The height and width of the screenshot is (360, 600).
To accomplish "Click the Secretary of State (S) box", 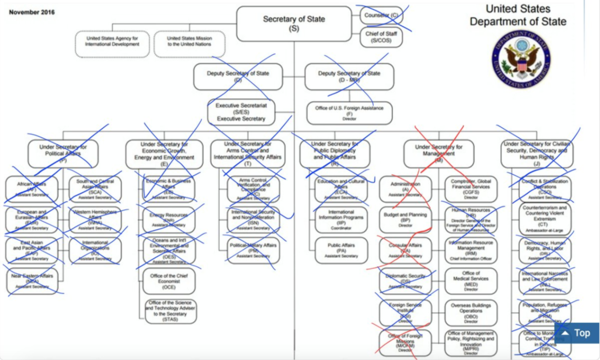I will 294,24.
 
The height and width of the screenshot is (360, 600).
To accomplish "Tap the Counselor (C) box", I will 382,15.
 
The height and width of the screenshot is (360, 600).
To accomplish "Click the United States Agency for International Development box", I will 113,41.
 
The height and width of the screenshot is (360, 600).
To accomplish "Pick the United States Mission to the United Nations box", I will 189,41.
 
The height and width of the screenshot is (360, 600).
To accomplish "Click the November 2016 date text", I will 31,12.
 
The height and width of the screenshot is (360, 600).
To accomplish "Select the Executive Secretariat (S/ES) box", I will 241,112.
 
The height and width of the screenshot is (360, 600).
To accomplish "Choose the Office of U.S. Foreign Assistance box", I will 349,112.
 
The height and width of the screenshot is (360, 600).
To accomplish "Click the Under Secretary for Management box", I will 438,153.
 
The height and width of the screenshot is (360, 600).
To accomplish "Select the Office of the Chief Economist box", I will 169,281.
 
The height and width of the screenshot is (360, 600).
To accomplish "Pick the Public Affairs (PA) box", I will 341,251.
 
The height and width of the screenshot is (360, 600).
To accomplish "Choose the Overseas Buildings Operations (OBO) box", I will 471,312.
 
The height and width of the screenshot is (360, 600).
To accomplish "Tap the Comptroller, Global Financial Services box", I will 471,189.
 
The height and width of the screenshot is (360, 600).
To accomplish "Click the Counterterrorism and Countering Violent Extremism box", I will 544,219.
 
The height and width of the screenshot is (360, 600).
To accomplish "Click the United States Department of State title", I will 518,15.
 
